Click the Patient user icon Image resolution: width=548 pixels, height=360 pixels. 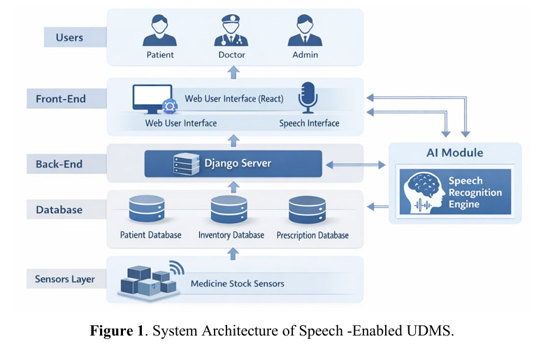coord(160,31)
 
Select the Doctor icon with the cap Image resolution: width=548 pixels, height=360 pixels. coord(232,31)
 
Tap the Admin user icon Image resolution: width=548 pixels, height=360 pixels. coord(304,31)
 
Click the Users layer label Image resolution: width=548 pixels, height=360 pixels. coord(69,36)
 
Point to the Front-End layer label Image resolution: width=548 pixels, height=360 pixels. coord(61,99)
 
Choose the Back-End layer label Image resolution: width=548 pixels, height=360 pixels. coord(59,164)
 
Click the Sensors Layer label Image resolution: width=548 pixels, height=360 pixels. coord(65,280)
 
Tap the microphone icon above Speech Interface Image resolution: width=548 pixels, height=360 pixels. coord(308,98)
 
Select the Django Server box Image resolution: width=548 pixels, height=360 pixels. coord(233,164)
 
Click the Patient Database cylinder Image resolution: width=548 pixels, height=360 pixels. coord(147,209)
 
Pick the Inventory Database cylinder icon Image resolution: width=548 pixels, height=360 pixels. coord(229,209)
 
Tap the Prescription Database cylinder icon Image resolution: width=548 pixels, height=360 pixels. coord(306,209)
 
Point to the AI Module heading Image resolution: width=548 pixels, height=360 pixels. coord(454,152)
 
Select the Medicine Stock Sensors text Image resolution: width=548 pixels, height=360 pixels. coord(238,284)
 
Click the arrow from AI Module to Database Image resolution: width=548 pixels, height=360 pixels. coord(377,206)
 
